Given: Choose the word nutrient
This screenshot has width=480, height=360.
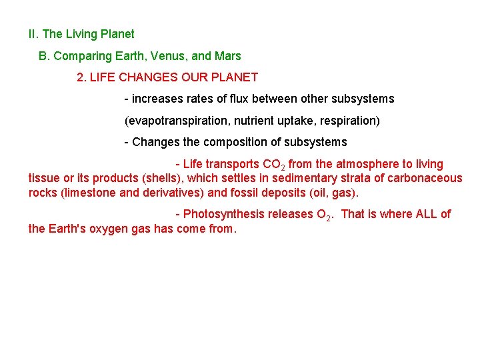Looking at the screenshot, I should (249, 121).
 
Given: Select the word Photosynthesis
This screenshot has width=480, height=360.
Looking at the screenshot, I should (223, 214).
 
